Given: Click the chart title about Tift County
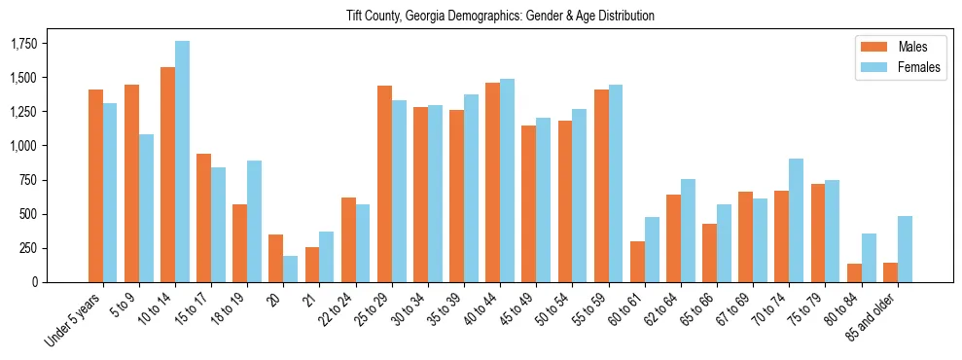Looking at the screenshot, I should click(501, 17).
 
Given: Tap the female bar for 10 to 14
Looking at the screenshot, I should click(182, 162).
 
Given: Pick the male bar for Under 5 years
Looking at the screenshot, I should click(95, 186).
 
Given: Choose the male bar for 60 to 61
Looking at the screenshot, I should click(637, 262).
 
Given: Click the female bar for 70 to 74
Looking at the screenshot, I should click(797, 221).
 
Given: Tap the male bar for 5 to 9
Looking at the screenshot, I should click(131, 184).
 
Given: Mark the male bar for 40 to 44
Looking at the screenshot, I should click(492, 183).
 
